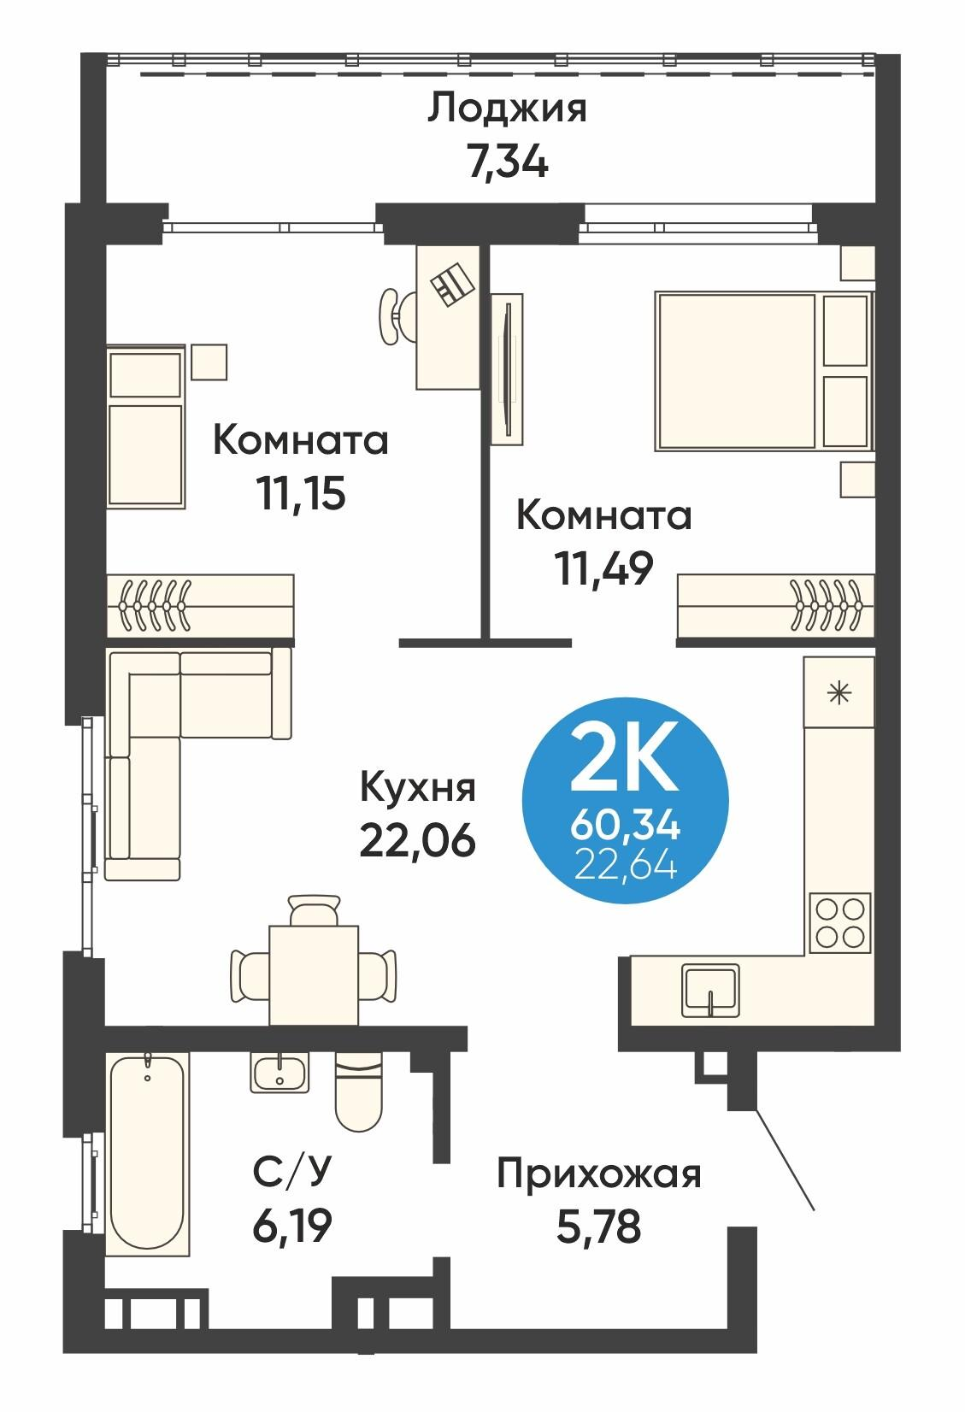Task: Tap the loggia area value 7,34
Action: pos(507,161)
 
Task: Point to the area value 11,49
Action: pos(605,568)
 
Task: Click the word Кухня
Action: pos(417,787)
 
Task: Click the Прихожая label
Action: pos(599,1174)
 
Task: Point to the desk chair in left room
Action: pos(392,316)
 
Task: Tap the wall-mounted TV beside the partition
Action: pos(508,369)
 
